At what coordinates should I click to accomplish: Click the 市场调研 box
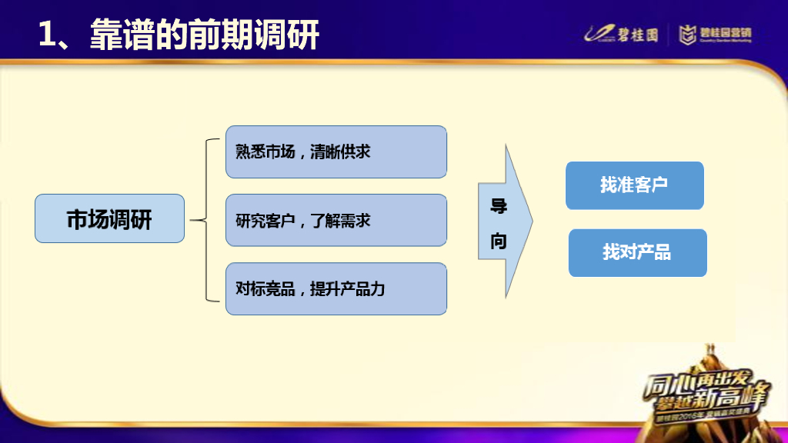tap(109, 219)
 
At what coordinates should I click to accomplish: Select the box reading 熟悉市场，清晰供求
tap(336, 152)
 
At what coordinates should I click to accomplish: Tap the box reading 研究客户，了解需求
tap(336, 220)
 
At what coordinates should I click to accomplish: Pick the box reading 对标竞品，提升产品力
tap(336, 288)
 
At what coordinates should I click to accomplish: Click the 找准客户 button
tap(634, 185)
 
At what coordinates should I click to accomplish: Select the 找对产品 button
tap(637, 252)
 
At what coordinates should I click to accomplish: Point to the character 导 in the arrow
tap(499, 206)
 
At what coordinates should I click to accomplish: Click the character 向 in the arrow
tap(499, 241)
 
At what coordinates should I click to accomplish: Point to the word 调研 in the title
tap(290, 35)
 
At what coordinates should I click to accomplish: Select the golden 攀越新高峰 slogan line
tap(708, 401)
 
